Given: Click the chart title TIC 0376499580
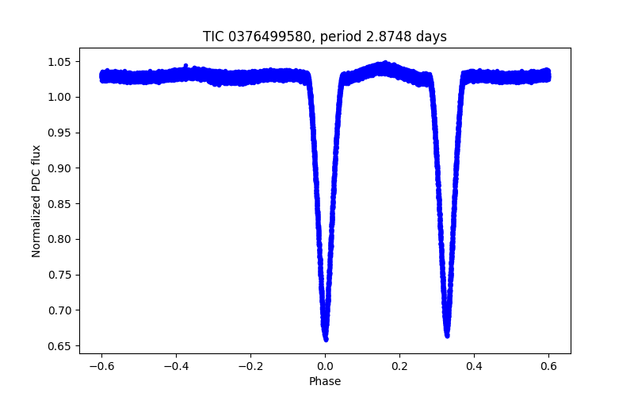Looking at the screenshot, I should pyautogui.click(x=324, y=37).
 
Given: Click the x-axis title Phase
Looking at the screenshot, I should pyautogui.click(x=325, y=382).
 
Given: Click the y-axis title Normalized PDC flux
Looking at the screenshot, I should pyautogui.click(x=36, y=200).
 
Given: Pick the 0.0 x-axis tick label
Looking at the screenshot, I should pyautogui.click(x=325, y=366).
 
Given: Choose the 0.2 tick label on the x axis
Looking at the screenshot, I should pyautogui.click(x=399, y=366).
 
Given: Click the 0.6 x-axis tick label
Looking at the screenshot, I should pyautogui.click(x=548, y=366).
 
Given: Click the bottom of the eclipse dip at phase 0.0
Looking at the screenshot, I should pyautogui.click(x=325, y=338).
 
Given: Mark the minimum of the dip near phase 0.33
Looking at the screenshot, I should pyautogui.click(x=447, y=335).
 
